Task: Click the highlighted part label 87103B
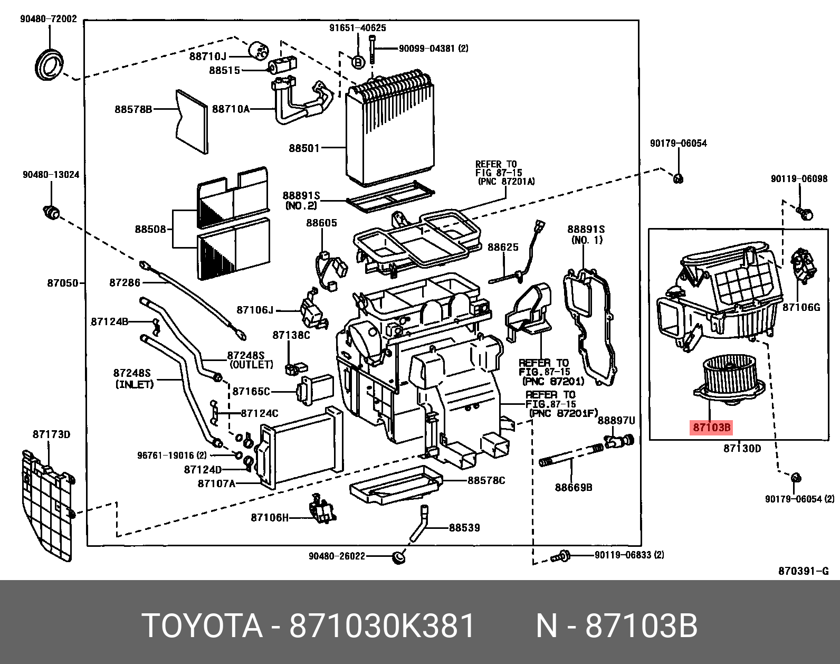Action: (x=711, y=428)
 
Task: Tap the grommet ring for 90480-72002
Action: (x=49, y=65)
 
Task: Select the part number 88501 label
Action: (x=304, y=148)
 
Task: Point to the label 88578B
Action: (x=133, y=109)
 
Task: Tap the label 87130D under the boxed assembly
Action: (x=742, y=449)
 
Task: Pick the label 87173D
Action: (x=51, y=434)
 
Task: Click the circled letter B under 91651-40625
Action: (x=358, y=62)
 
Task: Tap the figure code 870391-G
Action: (x=803, y=571)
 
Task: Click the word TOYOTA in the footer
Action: (x=202, y=626)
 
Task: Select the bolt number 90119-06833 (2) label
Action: (x=629, y=555)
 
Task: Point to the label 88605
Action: (x=321, y=223)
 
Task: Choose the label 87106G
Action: (x=801, y=307)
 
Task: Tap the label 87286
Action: (x=125, y=282)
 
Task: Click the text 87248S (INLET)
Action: (x=133, y=378)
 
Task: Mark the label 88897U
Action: (x=616, y=421)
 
